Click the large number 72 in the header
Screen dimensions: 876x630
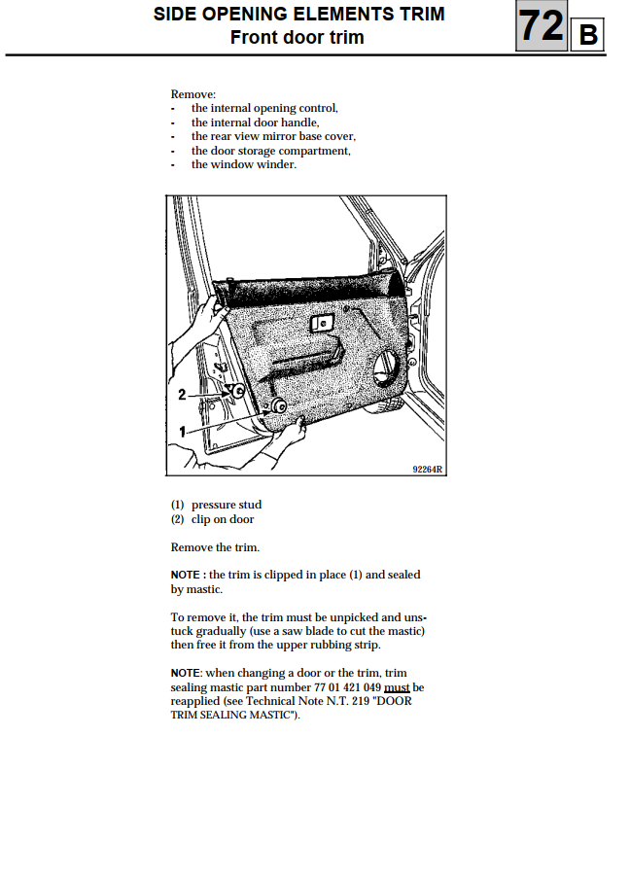(x=541, y=26)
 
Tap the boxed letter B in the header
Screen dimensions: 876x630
(x=587, y=36)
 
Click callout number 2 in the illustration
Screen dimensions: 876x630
(x=182, y=395)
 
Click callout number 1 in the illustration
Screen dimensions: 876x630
(x=182, y=428)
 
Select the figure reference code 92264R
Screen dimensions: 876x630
(x=428, y=469)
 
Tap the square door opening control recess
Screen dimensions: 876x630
(x=319, y=325)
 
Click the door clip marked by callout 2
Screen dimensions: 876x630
(x=238, y=391)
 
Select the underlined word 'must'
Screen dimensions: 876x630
(x=397, y=687)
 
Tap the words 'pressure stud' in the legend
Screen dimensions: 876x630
(x=227, y=505)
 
